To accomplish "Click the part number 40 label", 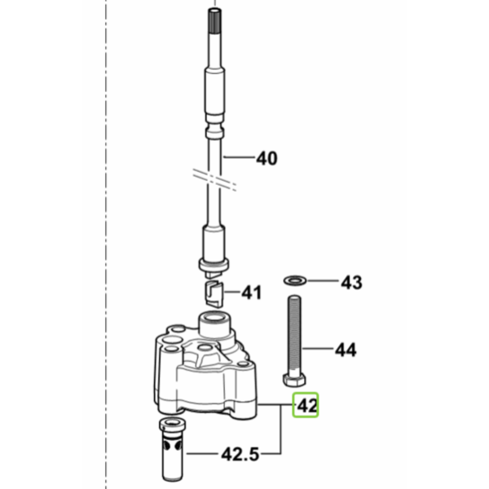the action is pyautogui.click(x=267, y=158).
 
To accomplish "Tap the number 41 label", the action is pyautogui.click(x=251, y=293).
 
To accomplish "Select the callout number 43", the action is pyautogui.click(x=351, y=283).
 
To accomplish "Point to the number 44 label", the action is pyautogui.click(x=346, y=350).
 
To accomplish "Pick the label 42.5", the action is pyautogui.click(x=240, y=455).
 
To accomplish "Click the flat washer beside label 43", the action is pyautogui.click(x=295, y=280).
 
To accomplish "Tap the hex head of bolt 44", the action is pyautogui.click(x=294, y=380).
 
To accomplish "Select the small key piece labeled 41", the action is pyautogui.click(x=214, y=293).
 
